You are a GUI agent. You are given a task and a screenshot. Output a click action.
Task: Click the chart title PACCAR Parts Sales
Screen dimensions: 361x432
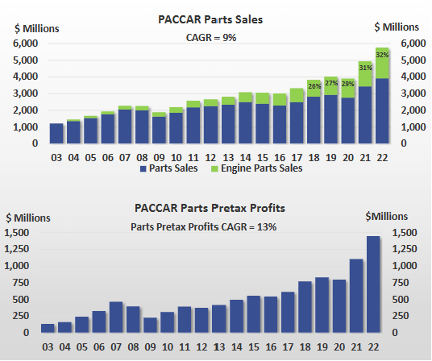coord(216,18)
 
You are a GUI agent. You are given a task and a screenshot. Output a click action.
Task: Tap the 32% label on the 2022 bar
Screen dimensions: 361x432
coord(381,55)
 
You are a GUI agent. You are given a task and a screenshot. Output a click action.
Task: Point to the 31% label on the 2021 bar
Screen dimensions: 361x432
coord(365,68)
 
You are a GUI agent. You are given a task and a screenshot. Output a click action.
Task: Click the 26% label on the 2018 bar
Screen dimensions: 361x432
coord(314,86)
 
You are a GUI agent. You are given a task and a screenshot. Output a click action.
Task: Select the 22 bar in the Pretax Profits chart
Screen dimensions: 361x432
coord(372,284)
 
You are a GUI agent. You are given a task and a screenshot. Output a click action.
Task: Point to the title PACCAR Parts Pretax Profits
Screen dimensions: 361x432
coord(216,209)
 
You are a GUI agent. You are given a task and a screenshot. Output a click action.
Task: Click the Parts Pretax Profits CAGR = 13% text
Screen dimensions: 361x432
coord(203,226)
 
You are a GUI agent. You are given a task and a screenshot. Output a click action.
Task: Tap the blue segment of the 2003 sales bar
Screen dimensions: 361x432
coord(56,134)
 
